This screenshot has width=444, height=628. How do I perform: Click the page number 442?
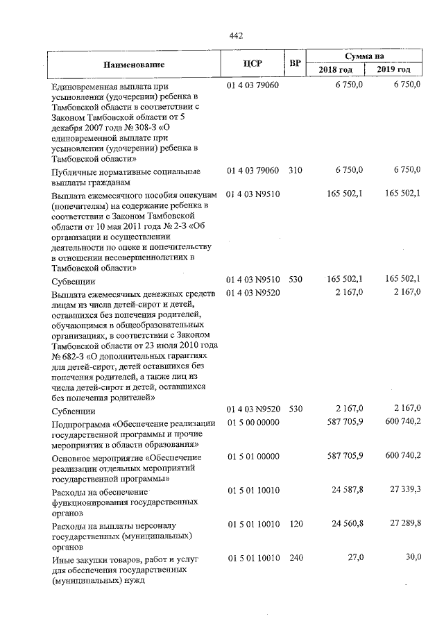click(x=235, y=36)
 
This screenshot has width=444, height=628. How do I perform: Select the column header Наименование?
click(x=135, y=64)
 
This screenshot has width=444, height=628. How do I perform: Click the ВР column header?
click(x=295, y=64)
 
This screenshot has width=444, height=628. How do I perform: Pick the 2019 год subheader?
click(x=394, y=70)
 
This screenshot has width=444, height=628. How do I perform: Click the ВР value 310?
click(x=295, y=170)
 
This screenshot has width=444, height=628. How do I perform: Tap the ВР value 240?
click(x=295, y=558)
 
